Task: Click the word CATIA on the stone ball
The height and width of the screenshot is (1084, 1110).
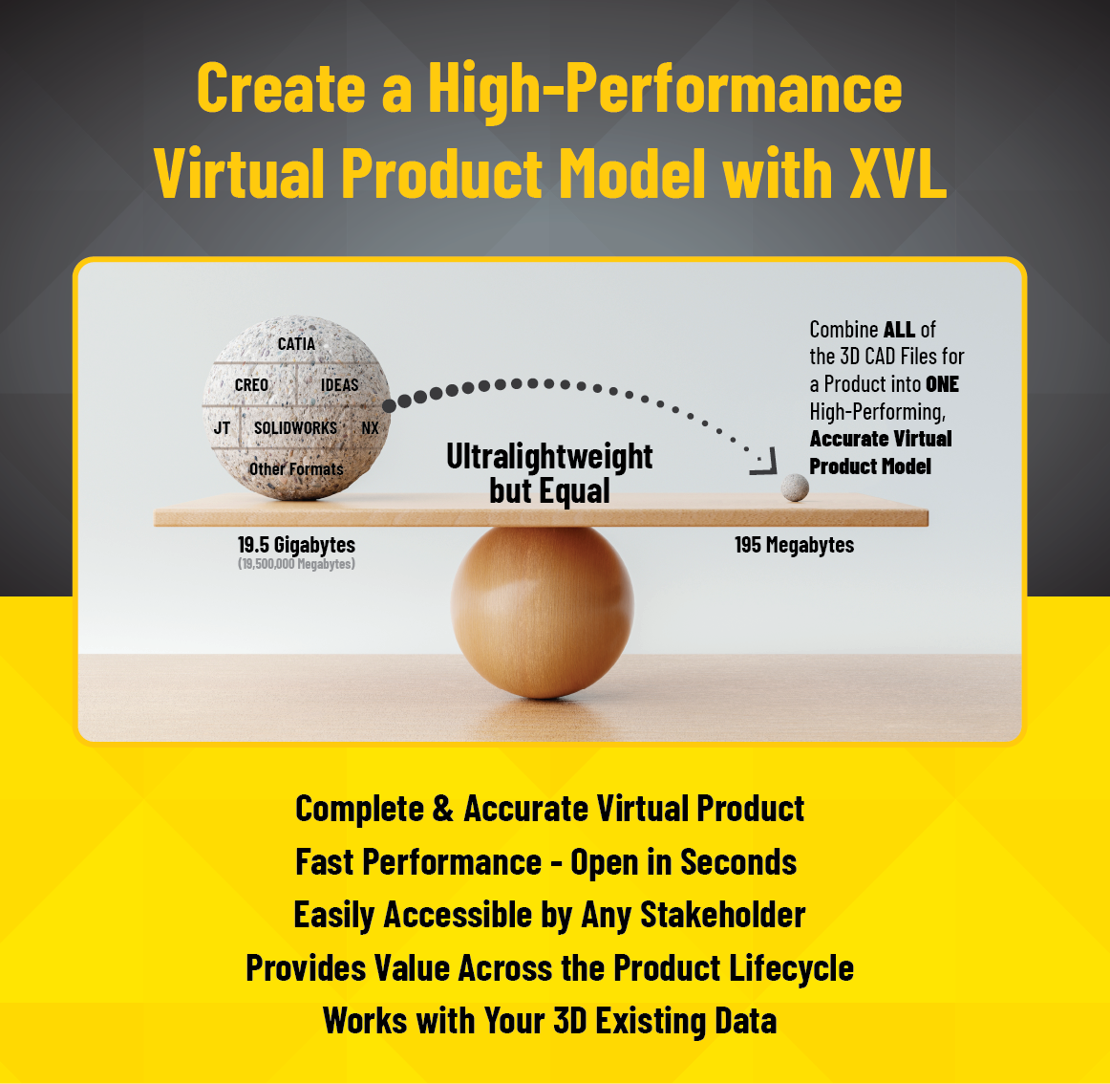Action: pos(296,344)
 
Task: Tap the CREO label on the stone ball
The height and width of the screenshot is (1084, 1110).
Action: pos(251,385)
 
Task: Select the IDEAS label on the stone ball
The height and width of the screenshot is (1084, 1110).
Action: pos(339,385)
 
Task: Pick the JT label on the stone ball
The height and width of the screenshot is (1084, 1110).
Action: pos(222,428)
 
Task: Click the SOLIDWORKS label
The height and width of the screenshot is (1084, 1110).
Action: pos(295,428)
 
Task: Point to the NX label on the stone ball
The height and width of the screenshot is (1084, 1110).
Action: pos(370,428)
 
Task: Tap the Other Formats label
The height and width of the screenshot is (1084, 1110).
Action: pos(296,469)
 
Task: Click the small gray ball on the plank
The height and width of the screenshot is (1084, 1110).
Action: pos(795,488)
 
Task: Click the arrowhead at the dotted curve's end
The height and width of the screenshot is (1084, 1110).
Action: pos(762,464)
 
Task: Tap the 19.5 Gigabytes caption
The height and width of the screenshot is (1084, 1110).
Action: pos(296,545)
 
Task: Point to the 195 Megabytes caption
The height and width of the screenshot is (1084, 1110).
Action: pos(794,545)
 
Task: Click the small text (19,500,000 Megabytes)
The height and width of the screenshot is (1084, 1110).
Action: pos(296,564)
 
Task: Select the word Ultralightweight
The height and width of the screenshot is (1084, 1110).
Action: pos(549,457)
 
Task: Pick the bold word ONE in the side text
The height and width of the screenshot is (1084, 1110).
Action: pos(942,384)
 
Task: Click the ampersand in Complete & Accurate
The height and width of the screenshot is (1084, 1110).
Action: pos(442,810)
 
